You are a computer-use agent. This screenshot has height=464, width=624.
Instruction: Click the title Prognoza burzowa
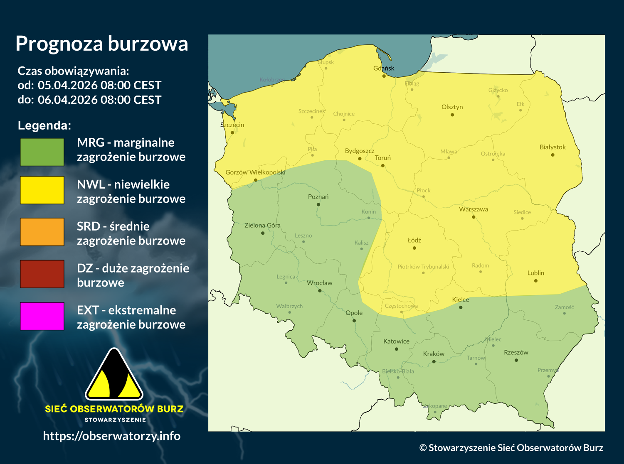(x=102, y=44)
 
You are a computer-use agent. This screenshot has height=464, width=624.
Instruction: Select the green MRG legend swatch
(x=42, y=152)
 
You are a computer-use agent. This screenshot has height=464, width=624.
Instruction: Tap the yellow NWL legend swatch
(x=42, y=190)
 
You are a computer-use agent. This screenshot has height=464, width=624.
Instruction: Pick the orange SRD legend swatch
(x=42, y=232)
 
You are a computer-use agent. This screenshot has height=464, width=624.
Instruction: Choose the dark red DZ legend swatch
(x=42, y=274)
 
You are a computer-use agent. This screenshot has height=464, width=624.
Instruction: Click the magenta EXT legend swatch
(x=42, y=316)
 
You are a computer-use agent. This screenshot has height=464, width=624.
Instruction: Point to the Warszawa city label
(x=473, y=209)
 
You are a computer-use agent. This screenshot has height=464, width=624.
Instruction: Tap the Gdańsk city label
(x=384, y=68)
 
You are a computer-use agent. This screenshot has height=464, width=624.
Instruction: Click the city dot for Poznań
(x=318, y=204)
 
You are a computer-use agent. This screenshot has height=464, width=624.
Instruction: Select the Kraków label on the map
(x=434, y=354)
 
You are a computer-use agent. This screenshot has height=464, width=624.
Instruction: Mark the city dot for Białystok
(x=552, y=155)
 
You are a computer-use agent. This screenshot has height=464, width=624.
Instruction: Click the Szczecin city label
(x=232, y=125)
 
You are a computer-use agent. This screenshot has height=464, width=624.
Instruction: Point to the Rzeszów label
(x=516, y=352)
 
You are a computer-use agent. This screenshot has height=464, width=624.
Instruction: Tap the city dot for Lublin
(x=535, y=281)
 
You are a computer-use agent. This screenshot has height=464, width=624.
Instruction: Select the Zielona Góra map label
(x=262, y=226)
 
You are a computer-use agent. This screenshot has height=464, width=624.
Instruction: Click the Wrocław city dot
(x=320, y=291)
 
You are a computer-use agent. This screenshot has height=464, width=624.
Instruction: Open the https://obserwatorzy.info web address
(x=111, y=436)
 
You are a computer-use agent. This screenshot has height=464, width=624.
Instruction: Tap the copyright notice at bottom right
(x=511, y=448)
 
